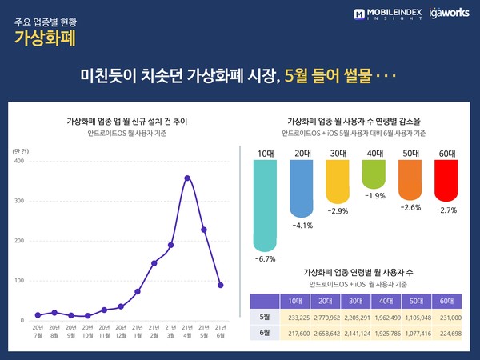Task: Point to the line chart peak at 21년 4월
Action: [187, 178]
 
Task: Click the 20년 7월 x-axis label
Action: [38, 332]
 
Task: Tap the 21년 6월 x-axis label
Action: [220, 332]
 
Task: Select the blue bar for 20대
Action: [302, 187]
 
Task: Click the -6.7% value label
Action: [265, 259]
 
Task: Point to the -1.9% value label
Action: [375, 195]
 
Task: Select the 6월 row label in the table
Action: [264, 333]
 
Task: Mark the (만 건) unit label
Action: [22, 150]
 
